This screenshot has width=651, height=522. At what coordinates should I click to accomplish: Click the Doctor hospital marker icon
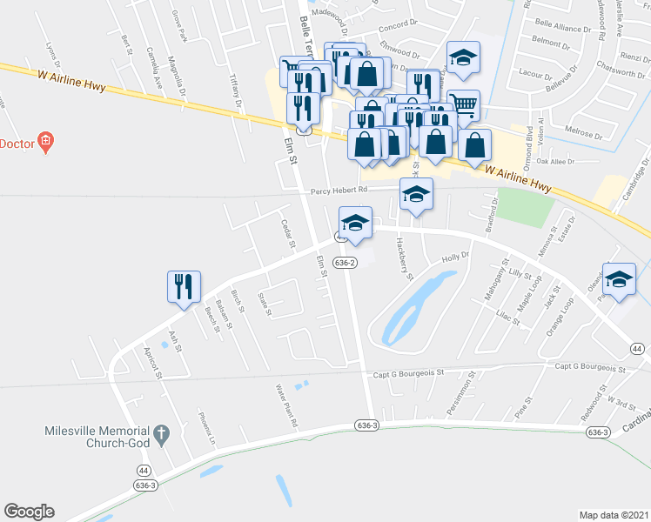tap(47, 142)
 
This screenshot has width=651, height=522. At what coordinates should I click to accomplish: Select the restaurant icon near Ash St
tap(184, 287)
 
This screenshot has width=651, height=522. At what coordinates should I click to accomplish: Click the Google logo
tap(29, 512)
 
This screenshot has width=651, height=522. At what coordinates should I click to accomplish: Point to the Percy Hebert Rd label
tap(334, 190)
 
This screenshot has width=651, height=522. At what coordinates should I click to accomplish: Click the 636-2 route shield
tap(345, 261)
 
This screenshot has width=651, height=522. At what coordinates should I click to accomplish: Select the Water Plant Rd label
tap(288, 405)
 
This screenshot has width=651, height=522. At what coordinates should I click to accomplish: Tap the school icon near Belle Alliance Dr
tap(463, 58)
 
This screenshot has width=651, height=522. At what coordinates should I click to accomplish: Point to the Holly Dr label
tap(455, 257)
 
